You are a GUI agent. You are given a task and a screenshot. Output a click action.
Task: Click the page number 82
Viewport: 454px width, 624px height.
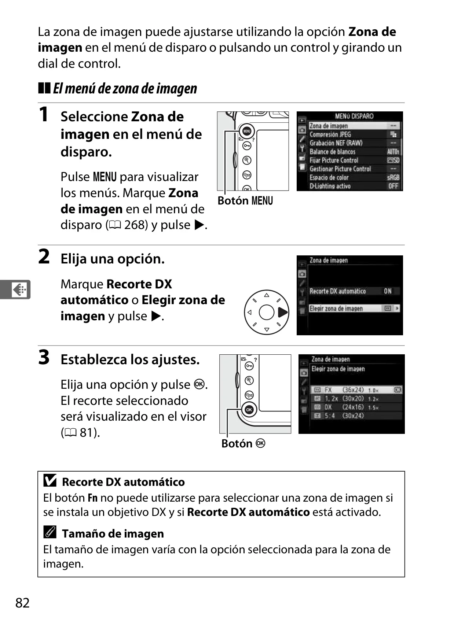pos(22,603)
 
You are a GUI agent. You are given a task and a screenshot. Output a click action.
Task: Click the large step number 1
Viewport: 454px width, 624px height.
pos(44,114)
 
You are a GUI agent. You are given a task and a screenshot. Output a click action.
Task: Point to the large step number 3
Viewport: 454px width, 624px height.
pos(44,357)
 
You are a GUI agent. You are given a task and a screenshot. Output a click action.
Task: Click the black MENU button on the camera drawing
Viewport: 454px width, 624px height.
pos(246,131)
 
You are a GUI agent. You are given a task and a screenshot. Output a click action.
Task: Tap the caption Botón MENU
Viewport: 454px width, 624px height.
pos(245,200)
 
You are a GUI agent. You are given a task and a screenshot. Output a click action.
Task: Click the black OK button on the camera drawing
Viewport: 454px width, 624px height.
pos(249,410)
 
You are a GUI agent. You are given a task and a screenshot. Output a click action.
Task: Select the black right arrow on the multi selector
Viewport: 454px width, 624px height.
pos(283,312)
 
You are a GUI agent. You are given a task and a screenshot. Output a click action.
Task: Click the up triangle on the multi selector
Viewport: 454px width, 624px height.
pos(267,295)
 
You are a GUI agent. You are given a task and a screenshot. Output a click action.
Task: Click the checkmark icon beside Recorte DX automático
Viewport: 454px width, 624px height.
pos(50,480)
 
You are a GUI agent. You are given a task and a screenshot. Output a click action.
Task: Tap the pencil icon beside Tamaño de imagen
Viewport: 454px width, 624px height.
pos(50,532)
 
